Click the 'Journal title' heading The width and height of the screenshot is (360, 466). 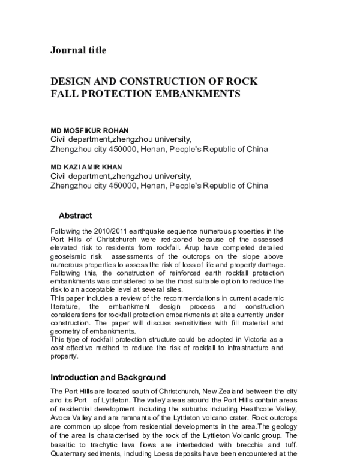[x=78, y=50]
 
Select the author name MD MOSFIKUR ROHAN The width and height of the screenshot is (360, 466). [x=89, y=129]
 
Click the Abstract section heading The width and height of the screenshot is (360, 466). [x=75, y=215]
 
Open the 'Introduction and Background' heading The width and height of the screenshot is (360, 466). [x=107, y=378]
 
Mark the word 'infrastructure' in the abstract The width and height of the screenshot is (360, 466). [x=267, y=348]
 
